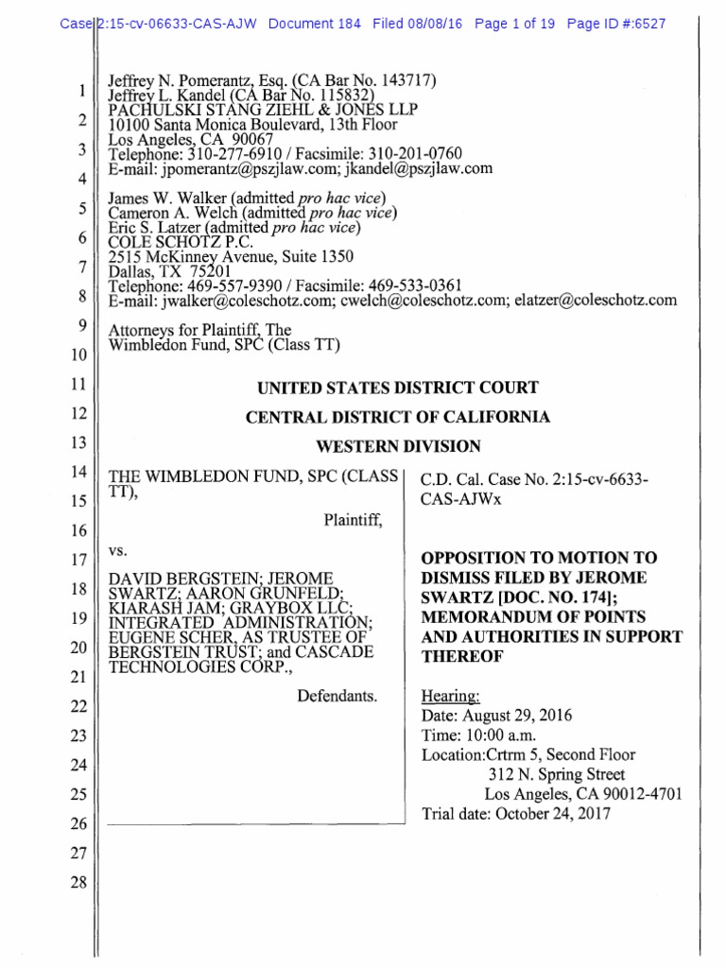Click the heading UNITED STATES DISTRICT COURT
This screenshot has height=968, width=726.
click(x=398, y=388)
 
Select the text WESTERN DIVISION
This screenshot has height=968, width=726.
click(x=398, y=446)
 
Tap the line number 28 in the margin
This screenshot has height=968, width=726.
click(x=78, y=883)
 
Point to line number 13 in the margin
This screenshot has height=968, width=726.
click(x=78, y=443)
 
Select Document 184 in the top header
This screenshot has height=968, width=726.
click(x=314, y=24)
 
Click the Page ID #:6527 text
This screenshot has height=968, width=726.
click(x=615, y=24)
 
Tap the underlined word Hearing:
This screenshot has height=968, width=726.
click(x=450, y=696)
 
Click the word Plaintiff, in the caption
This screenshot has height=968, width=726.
click(x=354, y=519)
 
